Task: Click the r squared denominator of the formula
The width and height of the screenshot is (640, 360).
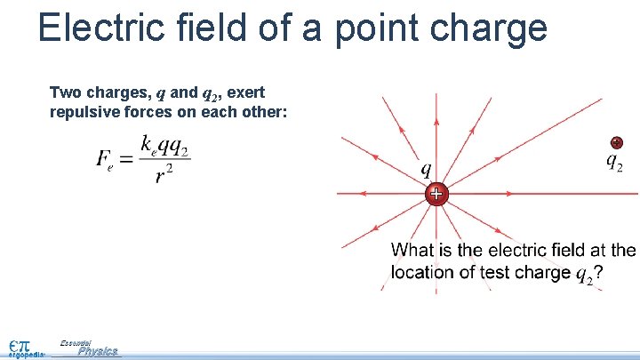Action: coord(164,175)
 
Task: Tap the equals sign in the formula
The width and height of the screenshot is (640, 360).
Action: coord(126,159)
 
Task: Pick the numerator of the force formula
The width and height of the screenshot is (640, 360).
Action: coord(165,146)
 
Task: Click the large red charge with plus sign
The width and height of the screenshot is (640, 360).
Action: coord(436,194)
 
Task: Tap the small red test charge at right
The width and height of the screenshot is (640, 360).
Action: coord(616,143)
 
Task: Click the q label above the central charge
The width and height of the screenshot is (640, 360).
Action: coord(427,168)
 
